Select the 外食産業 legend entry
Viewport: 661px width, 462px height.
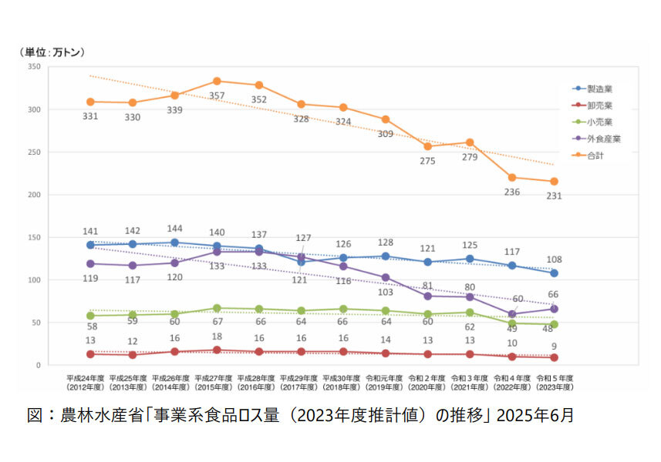[603, 139]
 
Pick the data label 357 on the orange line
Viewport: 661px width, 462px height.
[217, 95]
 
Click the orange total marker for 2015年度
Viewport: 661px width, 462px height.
[217, 81]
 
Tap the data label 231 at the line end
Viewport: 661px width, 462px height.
[554, 196]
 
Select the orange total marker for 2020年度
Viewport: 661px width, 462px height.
[427, 146]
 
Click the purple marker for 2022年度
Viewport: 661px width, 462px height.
[511, 314]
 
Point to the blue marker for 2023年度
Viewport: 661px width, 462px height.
[554, 273]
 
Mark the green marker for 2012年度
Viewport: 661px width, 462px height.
[90, 316]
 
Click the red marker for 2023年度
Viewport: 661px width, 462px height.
[554, 357]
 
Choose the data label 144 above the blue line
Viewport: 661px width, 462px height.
[174, 229]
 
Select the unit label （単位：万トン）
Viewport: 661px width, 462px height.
[52, 52]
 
